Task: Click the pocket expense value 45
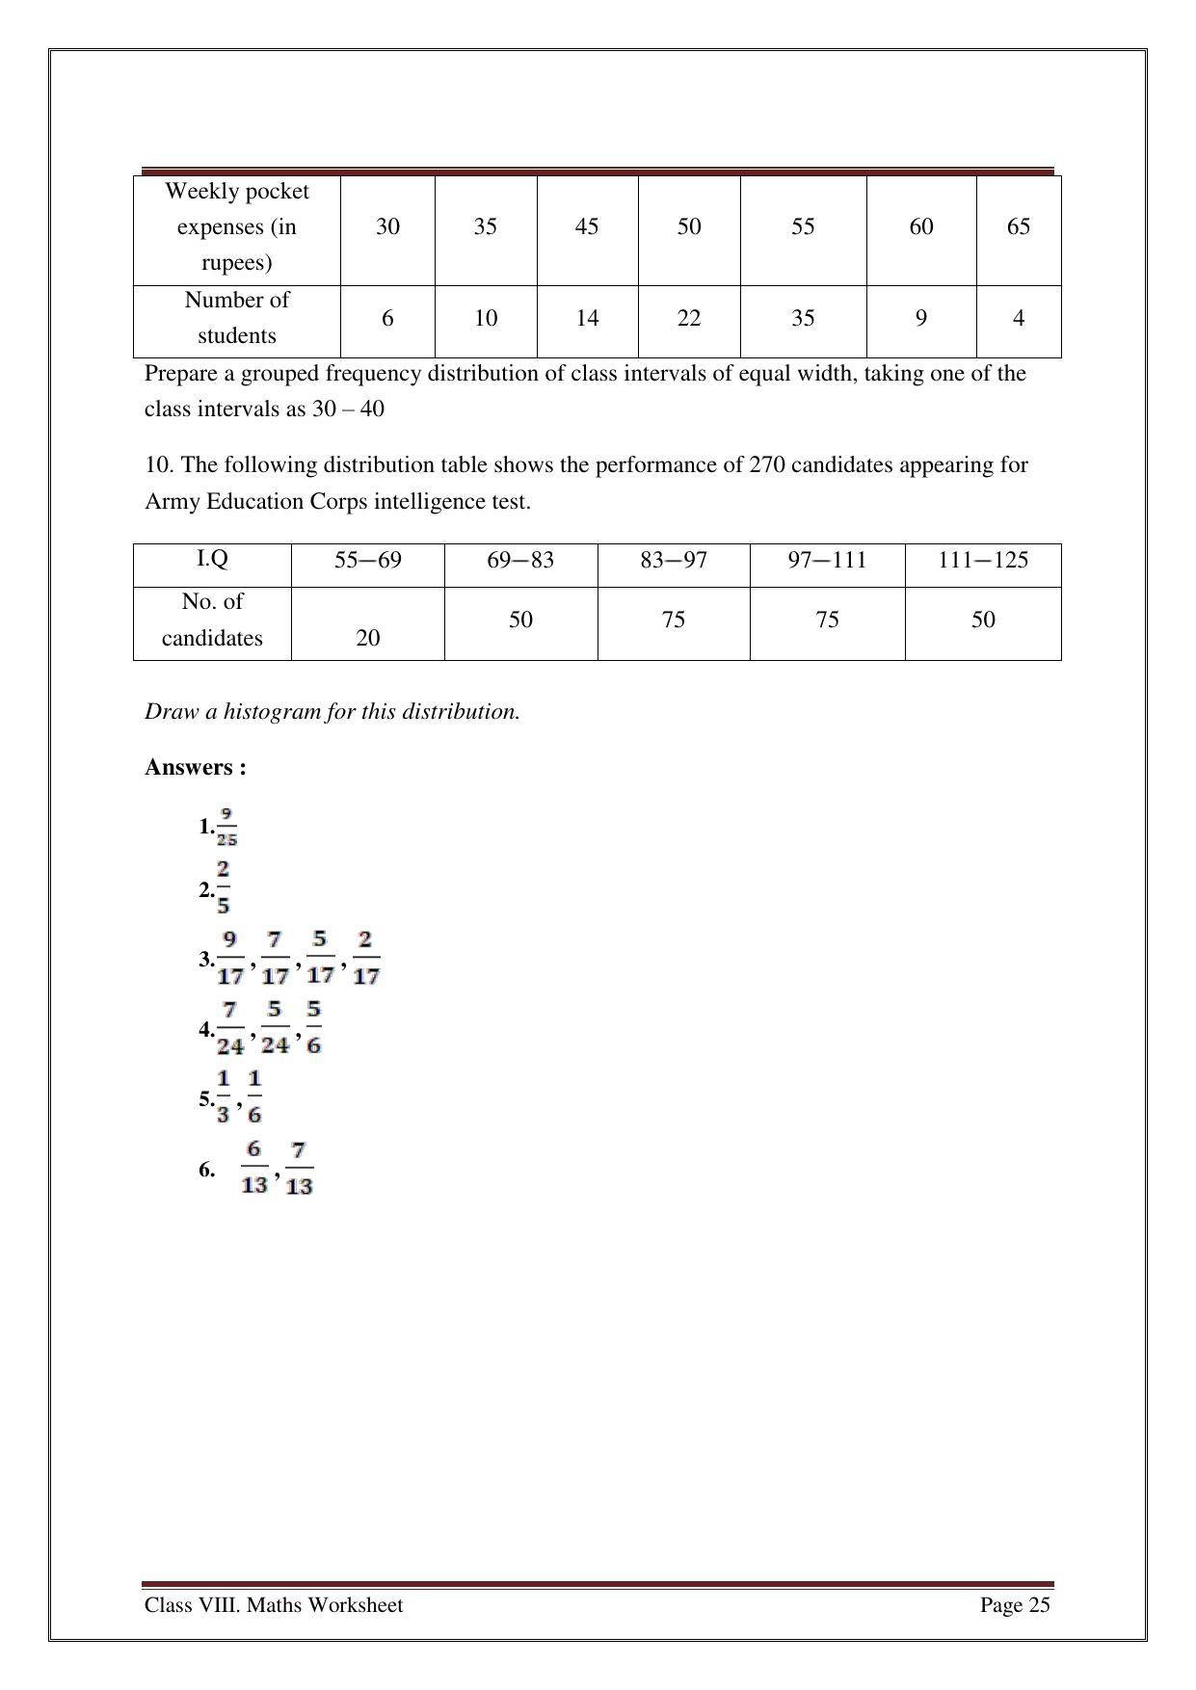click(x=586, y=226)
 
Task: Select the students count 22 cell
click(x=688, y=318)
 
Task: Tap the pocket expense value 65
click(x=1018, y=226)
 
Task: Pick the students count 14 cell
click(x=587, y=318)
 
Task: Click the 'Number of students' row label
click(x=236, y=318)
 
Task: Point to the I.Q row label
click(x=212, y=559)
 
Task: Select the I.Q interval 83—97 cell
click(x=673, y=560)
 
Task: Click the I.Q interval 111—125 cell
click(x=982, y=560)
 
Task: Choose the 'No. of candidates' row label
click(x=212, y=620)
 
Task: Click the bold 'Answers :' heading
click(x=196, y=767)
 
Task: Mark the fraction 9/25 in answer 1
click(x=226, y=827)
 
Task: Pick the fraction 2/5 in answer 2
click(x=223, y=887)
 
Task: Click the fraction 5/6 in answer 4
click(x=314, y=1027)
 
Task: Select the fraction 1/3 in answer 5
click(x=224, y=1096)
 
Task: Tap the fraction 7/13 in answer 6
click(x=299, y=1168)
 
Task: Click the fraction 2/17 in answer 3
click(x=365, y=958)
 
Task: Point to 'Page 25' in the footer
click(x=1015, y=1604)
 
